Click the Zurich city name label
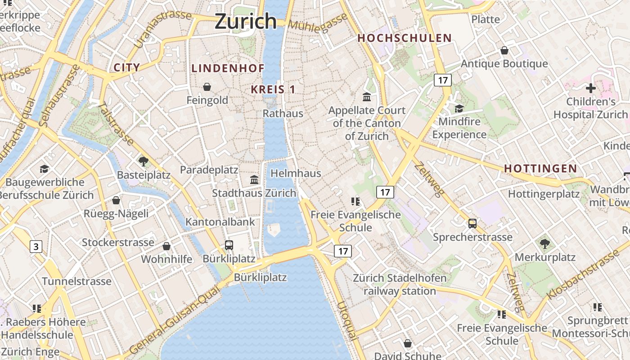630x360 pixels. tap(246, 21)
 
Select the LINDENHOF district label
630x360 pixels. tap(228, 68)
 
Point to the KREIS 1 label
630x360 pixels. tap(273, 89)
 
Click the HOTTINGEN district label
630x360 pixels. tap(540, 168)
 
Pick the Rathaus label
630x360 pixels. tap(283, 113)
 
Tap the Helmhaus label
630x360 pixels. tap(296, 173)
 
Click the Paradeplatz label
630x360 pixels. tap(209, 170)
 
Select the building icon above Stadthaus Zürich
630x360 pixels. tap(254, 180)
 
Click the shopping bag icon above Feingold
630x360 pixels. tap(207, 87)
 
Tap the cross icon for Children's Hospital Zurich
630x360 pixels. tap(591, 88)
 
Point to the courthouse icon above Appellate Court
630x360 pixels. tap(367, 97)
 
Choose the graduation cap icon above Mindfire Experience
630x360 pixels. tap(459, 108)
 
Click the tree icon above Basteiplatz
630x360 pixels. tap(144, 161)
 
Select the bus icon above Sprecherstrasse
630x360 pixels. tap(472, 224)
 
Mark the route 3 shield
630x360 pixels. tap(36, 247)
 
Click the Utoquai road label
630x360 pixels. tap(347, 320)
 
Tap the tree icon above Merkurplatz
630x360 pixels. tap(545, 244)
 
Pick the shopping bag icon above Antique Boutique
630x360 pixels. tap(504, 50)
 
